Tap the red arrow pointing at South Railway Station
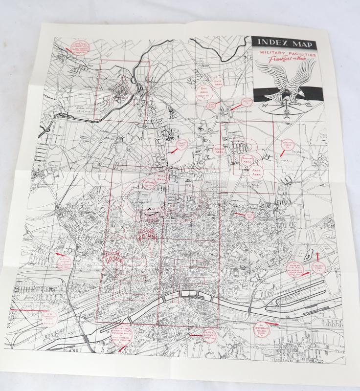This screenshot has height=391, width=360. point(195,336)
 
